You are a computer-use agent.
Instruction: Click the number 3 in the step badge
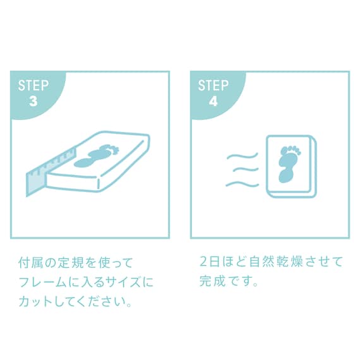pos(33,101)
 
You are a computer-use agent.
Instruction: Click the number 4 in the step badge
pos(213,101)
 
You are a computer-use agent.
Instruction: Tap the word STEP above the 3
pos(33,86)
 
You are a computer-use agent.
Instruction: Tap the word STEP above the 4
pos(213,86)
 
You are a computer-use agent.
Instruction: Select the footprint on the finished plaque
pos(289,162)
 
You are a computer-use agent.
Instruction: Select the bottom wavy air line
pos(243,184)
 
